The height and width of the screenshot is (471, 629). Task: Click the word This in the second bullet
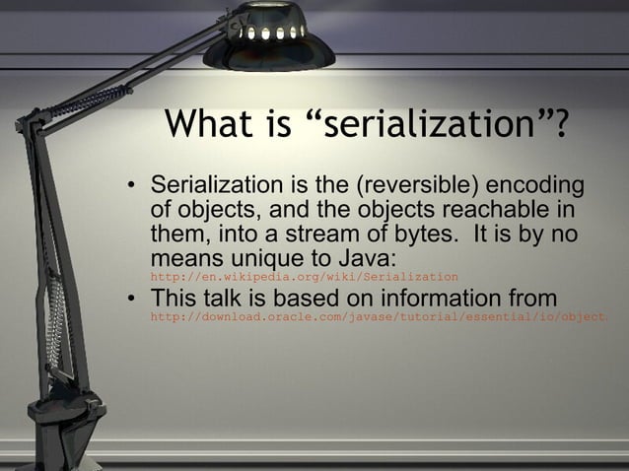pyautogui.click(x=177, y=299)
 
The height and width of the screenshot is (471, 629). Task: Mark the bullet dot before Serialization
pyautogui.click(x=129, y=187)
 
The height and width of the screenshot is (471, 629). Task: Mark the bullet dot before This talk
pyautogui.click(x=129, y=300)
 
